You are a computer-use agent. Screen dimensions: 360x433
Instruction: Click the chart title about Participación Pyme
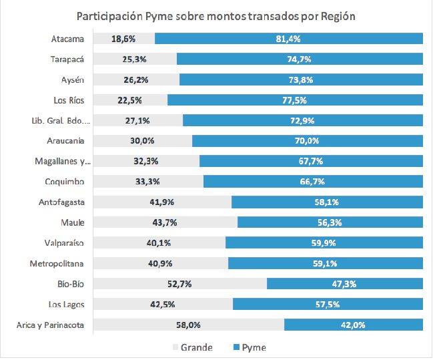click(215, 15)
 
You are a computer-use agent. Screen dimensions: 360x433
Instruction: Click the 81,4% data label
click(288, 39)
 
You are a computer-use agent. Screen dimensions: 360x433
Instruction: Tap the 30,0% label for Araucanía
click(141, 142)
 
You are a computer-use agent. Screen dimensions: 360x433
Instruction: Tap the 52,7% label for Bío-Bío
click(178, 284)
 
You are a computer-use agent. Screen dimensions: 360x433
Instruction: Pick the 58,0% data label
click(189, 325)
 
